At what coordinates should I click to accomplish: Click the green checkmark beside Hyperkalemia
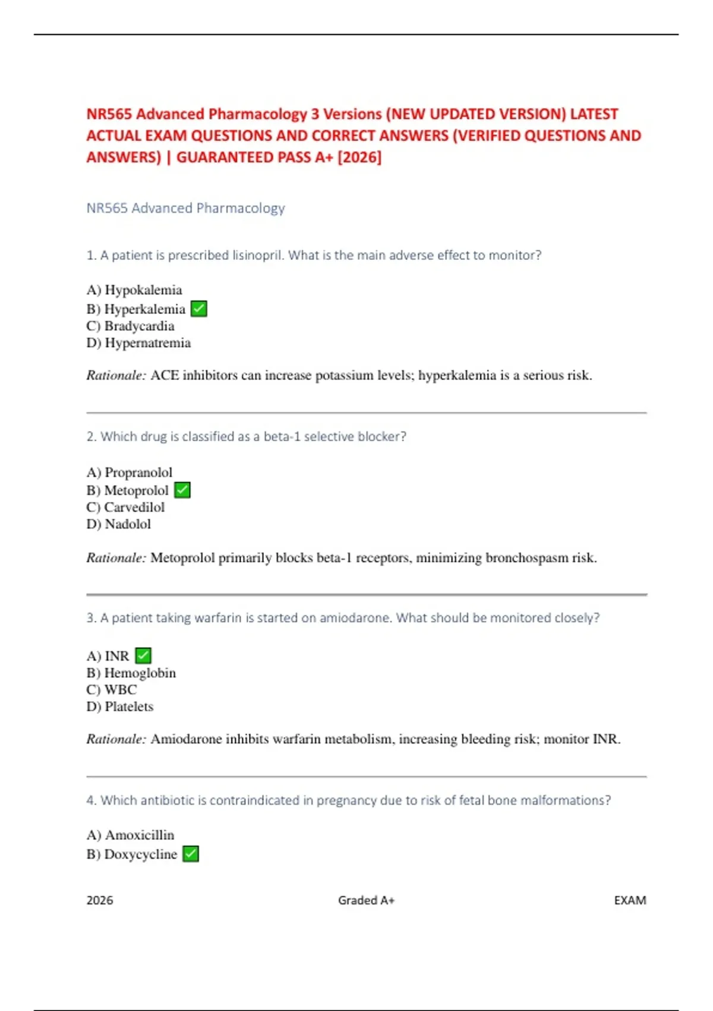(x=199, y=309)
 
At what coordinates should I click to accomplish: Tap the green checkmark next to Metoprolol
(x=182, y=490)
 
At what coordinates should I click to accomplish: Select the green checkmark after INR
(x=143, y=655)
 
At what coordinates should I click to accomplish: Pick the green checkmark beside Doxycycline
(x=191, y=854)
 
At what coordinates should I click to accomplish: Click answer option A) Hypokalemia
(x=134, y=290)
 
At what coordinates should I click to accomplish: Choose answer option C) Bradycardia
(x=130, y=326)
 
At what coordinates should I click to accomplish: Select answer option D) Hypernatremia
(x=138, y=343)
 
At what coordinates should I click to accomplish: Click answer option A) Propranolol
(x=130, y=472)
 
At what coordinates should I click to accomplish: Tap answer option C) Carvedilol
(x=125, y=507)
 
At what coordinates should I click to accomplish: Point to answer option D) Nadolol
(x=119, y=525)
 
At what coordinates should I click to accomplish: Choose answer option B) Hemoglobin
(x=131, y=673)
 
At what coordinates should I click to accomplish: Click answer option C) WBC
(x=112, y=690)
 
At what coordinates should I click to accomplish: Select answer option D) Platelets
(x=120, y=707)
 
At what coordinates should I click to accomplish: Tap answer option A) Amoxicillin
(x=131, y=835)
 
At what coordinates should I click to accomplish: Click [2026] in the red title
(x=359, y=158)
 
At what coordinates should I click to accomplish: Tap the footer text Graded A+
(x=366, y=900)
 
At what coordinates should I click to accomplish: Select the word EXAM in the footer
(x=630, y=900)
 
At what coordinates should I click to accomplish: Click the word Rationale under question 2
(x=116, y=558)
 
